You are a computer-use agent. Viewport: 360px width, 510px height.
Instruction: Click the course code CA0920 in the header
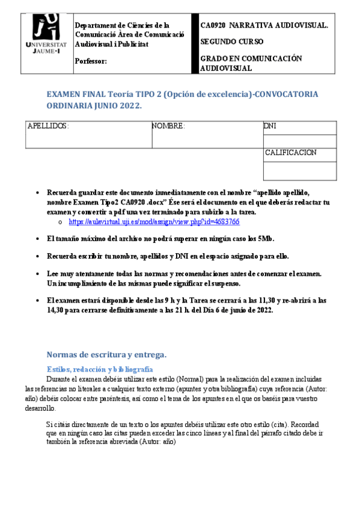[x=213, y=26]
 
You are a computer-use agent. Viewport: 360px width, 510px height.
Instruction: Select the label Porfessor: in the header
[x=91, y=61]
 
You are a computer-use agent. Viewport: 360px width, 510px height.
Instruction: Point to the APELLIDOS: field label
[x=49, y=127]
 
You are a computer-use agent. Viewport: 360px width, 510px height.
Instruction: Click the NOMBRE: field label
[x=168, y=127]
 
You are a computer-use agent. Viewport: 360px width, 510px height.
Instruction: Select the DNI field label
[x=270, y=127]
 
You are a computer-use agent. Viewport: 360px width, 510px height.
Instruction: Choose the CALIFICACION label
[x=291, y=153]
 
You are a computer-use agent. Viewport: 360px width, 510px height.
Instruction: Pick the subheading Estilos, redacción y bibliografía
[x=100, y=369]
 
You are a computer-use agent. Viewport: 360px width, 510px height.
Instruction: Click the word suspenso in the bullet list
[x=224, y=283]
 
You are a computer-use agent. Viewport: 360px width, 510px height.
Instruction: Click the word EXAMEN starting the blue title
[x=63, y=94]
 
